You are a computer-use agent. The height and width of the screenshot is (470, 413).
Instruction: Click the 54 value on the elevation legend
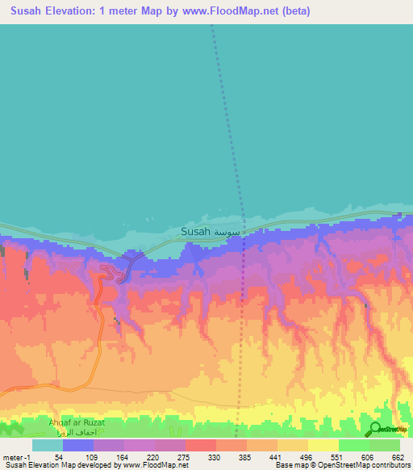[56, 458]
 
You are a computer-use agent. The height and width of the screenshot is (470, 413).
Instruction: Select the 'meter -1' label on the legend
[16, 458]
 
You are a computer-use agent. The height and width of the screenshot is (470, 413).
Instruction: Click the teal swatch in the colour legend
[48, 445]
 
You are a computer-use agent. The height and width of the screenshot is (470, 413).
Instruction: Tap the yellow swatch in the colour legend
[323, 445]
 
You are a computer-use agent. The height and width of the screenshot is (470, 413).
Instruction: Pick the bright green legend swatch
[353, 445]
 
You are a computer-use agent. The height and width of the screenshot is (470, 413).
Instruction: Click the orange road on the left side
[95, 323]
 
